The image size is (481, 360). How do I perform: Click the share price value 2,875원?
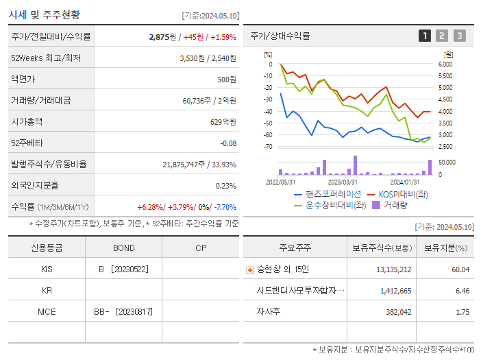pos(163,37)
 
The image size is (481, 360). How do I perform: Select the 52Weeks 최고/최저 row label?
pos(46,58)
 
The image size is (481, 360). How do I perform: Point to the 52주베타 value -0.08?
pos(227,143)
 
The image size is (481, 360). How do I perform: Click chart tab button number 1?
pos(425,36)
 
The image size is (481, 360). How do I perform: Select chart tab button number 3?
pos(459,36)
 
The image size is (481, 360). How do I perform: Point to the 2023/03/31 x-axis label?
pos(343,182)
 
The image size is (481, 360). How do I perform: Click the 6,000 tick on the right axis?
pos(445,64)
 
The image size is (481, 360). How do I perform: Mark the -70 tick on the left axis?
pos(268,147)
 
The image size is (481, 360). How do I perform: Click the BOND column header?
pos(123,248)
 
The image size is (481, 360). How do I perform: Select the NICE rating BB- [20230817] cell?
pos(123,311)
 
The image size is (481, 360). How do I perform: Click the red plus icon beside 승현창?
pos(249,269)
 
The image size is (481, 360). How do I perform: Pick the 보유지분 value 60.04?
pos(460,269)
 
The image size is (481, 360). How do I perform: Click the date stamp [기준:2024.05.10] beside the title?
pos(210,15)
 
